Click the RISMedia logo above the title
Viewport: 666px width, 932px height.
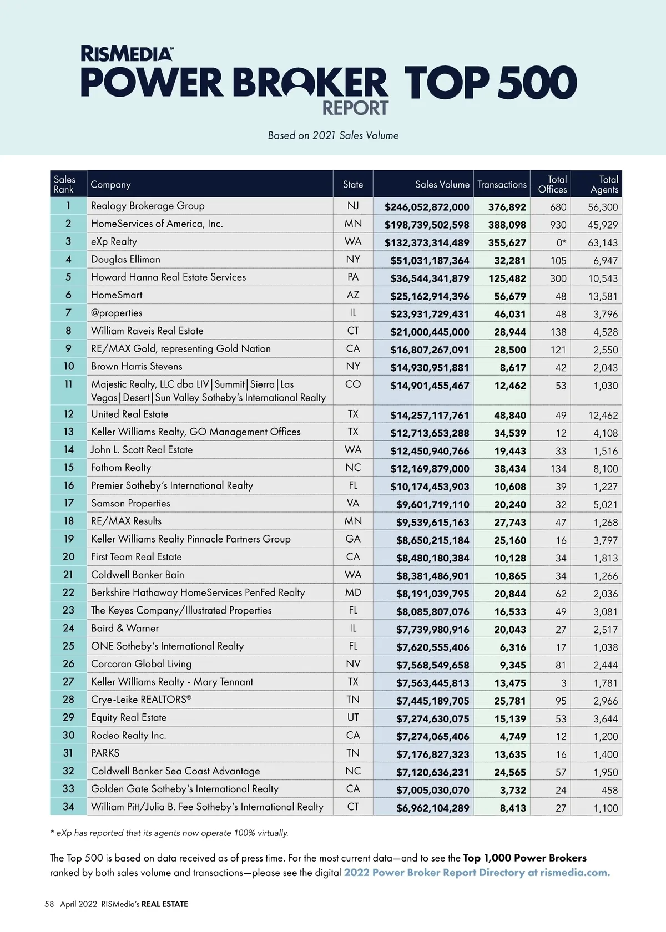click(x=127, y=54)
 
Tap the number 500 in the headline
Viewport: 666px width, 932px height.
click(x=537, y=83)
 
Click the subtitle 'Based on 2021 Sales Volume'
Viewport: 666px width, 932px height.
click(x=333, y=135)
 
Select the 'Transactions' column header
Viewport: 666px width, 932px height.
click(x=502, y=185)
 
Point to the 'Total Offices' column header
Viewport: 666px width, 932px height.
click(x=552, y=184)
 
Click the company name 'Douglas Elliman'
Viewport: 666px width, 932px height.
click(x=125, y=259)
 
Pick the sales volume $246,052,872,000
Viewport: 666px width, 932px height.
click(x=427, y=207)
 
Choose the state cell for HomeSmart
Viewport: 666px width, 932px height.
click(x=353, y=295)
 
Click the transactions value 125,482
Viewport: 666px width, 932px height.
click(x=507, y=278)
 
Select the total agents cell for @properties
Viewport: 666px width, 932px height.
click(x=605, y=314)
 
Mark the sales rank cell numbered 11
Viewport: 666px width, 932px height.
click(x=68, y=384)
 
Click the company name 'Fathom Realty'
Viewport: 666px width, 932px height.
click(x=121, y=468)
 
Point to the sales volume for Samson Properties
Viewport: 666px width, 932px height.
click(x=432, y=504)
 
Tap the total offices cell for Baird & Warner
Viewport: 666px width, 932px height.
click(x=561, y=629)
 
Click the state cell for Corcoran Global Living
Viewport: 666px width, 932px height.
click(x=353, y=664)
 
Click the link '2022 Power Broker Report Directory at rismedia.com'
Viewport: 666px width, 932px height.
click(x=477, y=872)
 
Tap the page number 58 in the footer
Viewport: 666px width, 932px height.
click(x=49, y=904)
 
